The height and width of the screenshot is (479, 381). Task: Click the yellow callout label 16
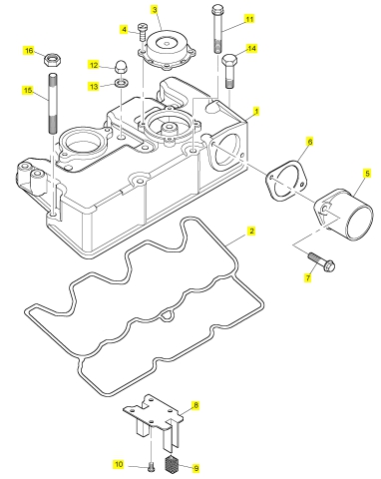coord(29,51)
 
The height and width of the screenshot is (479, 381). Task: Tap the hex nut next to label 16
coord(52,59)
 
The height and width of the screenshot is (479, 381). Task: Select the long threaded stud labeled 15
coord(54,104)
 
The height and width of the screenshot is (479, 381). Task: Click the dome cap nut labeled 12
coord(121,66)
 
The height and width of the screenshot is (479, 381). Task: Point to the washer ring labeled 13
coord(121,83)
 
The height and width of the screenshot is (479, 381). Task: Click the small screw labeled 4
coord(143,32)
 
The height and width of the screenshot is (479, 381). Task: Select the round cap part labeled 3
coord(168,49)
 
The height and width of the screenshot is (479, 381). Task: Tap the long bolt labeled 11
coord(217,28)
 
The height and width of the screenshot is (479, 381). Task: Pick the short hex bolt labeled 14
coord(229,71)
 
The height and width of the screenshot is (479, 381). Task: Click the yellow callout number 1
coord(256,112)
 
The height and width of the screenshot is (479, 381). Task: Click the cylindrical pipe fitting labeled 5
coord(344,214)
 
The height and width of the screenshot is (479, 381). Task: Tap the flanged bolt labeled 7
coord(322,262)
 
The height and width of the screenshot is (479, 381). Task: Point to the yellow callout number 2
coord(251,231)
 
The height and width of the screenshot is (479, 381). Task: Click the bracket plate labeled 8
coord(154,420)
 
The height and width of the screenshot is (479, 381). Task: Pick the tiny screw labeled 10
coord(152,466)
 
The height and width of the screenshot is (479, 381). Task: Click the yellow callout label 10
coord(119,464)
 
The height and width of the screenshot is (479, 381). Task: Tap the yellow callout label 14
coord(251,49)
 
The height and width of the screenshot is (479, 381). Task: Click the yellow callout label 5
coord(367,174)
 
